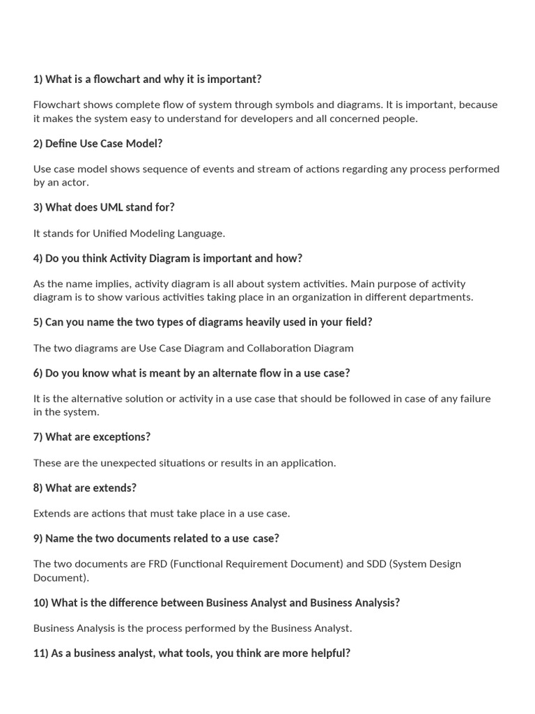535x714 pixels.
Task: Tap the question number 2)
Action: click(38, 144)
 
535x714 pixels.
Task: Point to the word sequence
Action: click(166, 169)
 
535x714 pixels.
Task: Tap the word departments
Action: click(443, 297)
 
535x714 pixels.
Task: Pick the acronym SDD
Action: click(377, 564)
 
